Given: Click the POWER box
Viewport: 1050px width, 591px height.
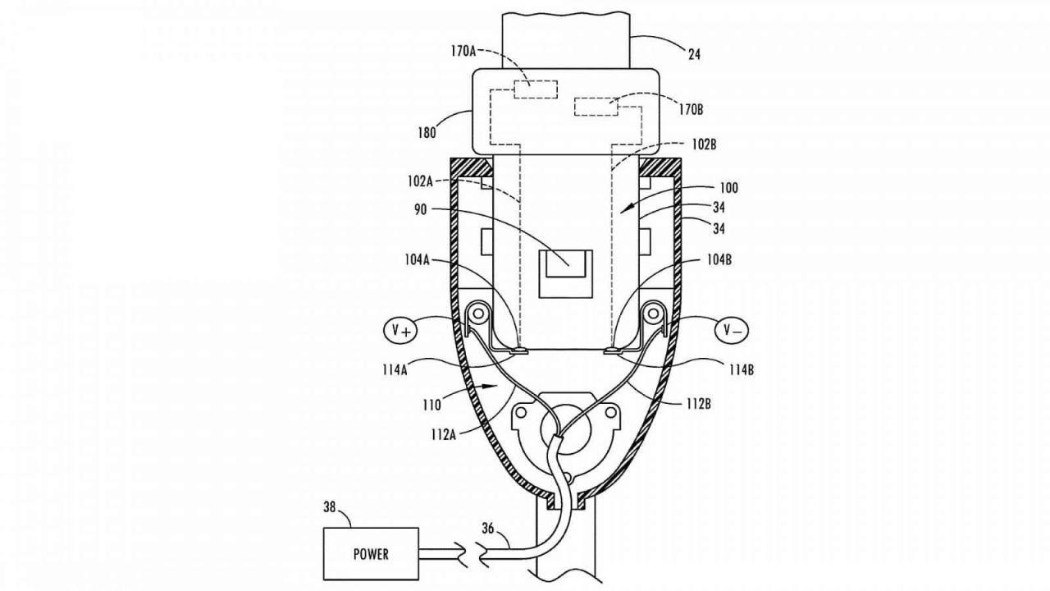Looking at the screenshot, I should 371,553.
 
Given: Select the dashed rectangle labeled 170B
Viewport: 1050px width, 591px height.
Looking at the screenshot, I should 597,108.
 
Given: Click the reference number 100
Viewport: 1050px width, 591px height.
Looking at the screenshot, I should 728,188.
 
